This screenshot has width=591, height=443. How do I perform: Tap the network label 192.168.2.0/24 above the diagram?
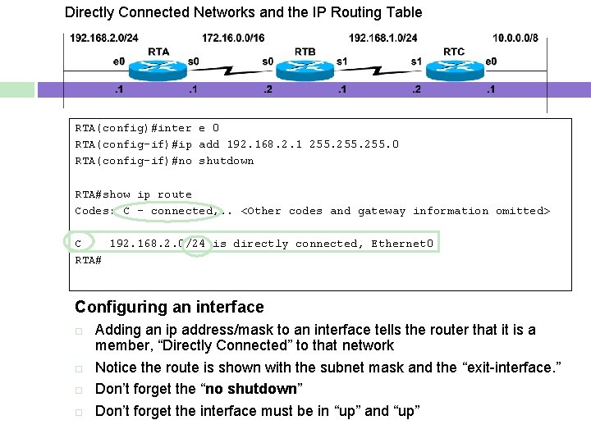[x=103, y=38]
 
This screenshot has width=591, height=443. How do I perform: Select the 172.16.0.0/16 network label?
[x=233, y=38]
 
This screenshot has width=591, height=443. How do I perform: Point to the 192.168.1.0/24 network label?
[x=383, y=38]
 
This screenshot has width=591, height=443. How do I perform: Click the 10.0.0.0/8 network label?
[x=515, y=38]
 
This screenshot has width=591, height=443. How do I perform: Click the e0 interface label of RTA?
[x=119, y=61]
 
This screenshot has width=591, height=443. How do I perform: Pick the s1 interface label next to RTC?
[x=416, y=61]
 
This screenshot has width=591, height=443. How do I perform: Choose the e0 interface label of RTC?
[x=491, y=61]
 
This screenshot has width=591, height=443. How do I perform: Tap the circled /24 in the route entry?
[x=197, y=244]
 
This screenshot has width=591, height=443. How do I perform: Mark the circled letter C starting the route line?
[x=78, y=244]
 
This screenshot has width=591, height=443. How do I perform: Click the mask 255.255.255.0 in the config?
[x=354, y=144]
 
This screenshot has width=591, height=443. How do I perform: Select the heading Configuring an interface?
[x=169, y=307]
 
